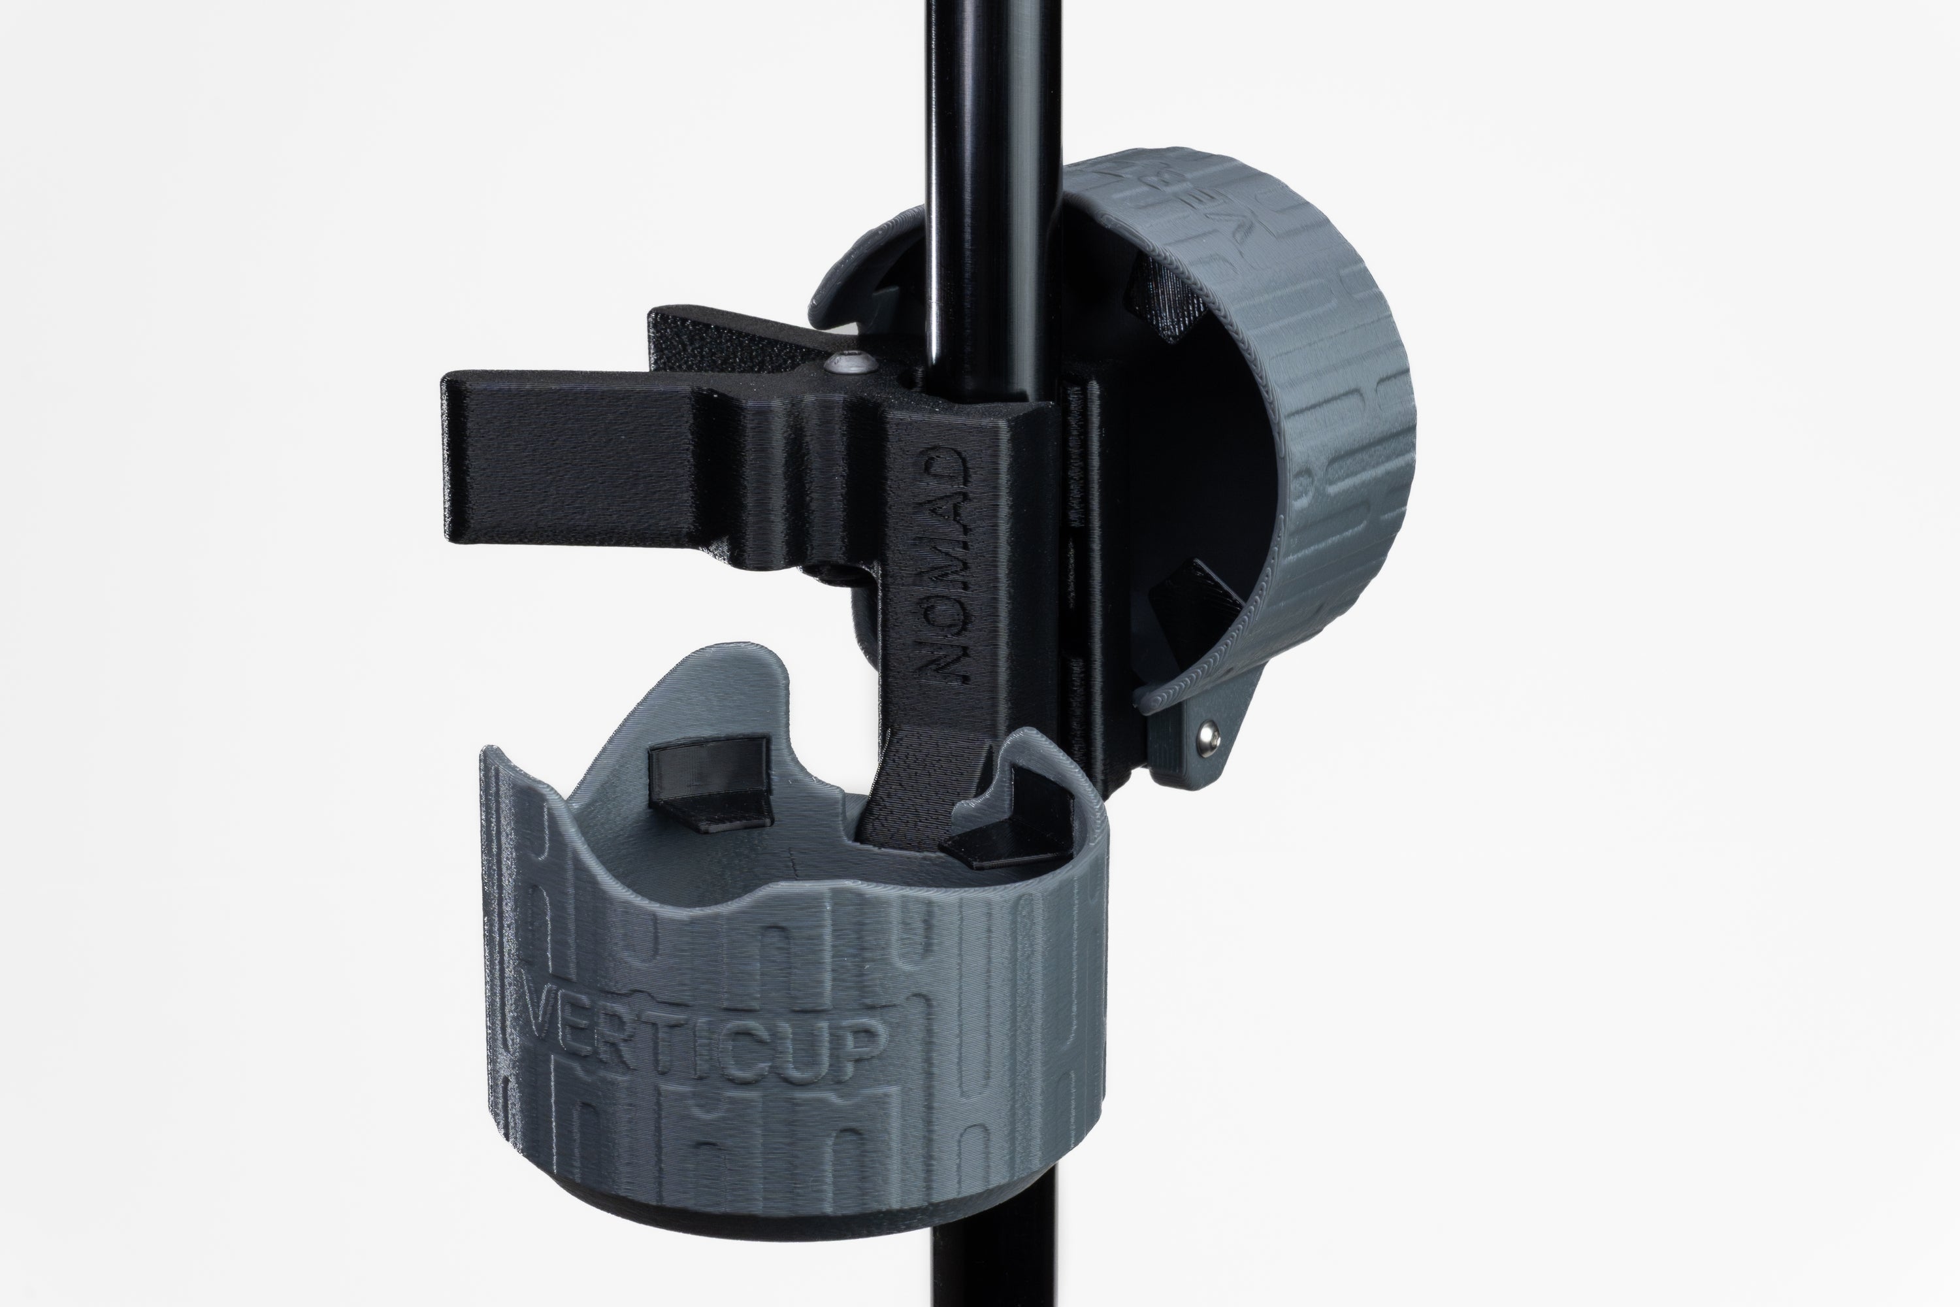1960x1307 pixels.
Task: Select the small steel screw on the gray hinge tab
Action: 1208,735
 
